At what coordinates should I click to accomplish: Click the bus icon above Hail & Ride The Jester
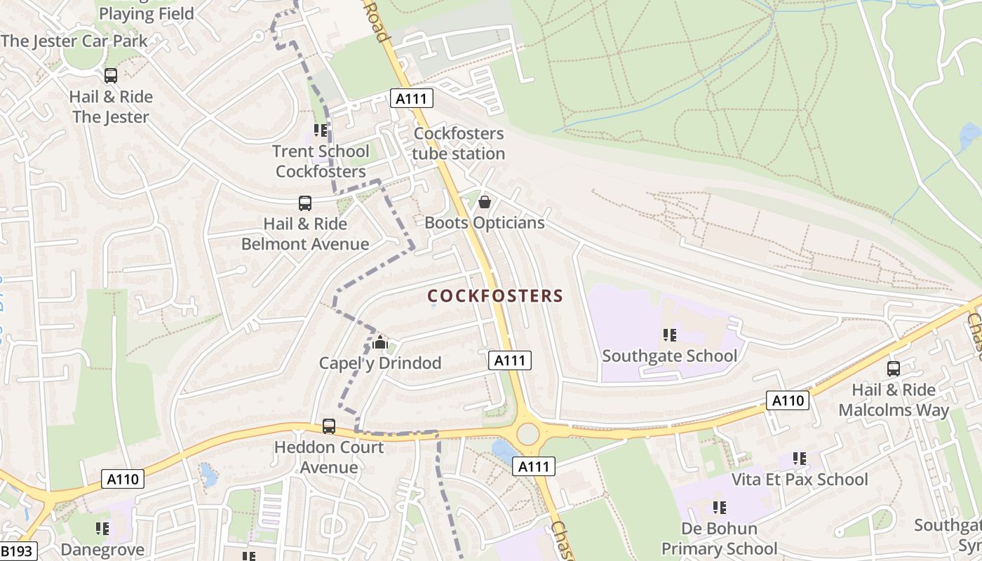click(x=110, y=76)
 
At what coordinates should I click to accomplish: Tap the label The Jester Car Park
click(x=74, y=41)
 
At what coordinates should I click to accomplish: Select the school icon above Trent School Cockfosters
click(x=321, y=130)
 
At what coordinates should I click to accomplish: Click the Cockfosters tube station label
click(x=459, y=143)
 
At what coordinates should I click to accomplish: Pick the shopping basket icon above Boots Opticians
click(x=484, y=203)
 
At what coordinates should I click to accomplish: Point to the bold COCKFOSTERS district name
click(x=495, y=296)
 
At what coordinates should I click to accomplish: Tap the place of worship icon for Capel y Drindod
click(x=380, y=343)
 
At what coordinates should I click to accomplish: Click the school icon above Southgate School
click(x=669, y=335)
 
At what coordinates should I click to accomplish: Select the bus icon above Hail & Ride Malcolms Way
click(x=893, y=369)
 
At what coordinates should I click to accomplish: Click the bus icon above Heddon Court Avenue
click(x=328, y=426)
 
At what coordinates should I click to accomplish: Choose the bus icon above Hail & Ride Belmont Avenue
click(x=304, y=203)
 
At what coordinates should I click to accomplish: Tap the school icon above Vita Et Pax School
click(x=799, y=459)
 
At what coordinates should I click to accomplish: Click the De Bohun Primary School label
click(x=719, y=539)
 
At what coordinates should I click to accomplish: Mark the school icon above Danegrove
click(x=102, y=529)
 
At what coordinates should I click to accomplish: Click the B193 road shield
click(x=17, y=551)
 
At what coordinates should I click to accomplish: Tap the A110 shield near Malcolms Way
click(x=787, y=400)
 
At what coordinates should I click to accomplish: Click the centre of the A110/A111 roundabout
click(x=528, y=434)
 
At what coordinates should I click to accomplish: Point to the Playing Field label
click(x=146, y=13)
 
